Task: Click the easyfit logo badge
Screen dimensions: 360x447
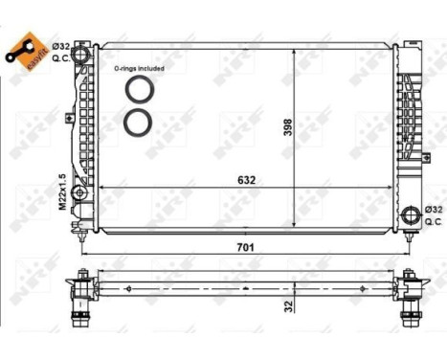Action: point(25,48)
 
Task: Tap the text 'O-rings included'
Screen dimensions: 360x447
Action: point(137,68)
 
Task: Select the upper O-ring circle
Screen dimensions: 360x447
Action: point(138,89)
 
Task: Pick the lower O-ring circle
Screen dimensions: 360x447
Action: point(138,122)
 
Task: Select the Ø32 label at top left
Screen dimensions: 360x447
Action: point(60,46)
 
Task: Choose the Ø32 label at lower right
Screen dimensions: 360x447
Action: point(433,209)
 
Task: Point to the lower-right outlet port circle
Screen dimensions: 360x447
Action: point(412,214)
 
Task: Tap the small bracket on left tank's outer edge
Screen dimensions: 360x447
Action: point(70,119)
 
